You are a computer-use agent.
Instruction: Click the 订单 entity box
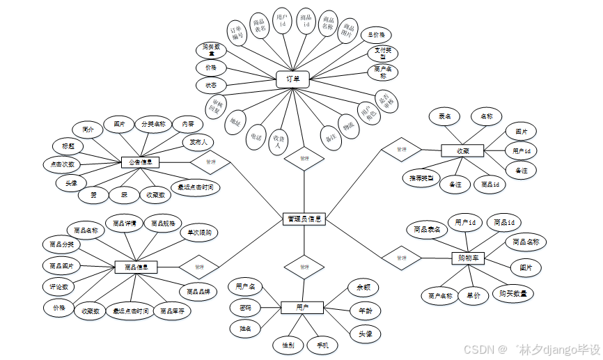point(292,79)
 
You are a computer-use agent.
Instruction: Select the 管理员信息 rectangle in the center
point(304,219)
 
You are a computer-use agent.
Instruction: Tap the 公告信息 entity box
point(140,162)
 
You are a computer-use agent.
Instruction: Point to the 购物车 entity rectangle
point(467,258)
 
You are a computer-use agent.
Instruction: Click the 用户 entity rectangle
point(302,307)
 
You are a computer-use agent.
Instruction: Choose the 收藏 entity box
point(462,151)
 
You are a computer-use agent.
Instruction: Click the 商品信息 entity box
point(136,267)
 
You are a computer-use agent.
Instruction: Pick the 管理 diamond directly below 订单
point(304,159)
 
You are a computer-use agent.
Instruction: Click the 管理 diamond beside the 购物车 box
point(401,258)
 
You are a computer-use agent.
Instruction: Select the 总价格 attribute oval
point(377,35)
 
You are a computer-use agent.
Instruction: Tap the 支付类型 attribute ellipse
point(382,53)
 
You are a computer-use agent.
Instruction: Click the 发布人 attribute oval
point(198,143)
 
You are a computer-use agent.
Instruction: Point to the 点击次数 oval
point(62,164)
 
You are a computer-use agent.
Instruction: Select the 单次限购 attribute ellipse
point(199,233)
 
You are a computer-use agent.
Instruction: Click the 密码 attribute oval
point(246,307)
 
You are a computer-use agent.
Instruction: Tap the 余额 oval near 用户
point(363,286)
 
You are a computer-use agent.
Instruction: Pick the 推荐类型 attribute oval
point(421,178)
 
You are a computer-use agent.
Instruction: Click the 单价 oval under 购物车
point(474,295)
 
